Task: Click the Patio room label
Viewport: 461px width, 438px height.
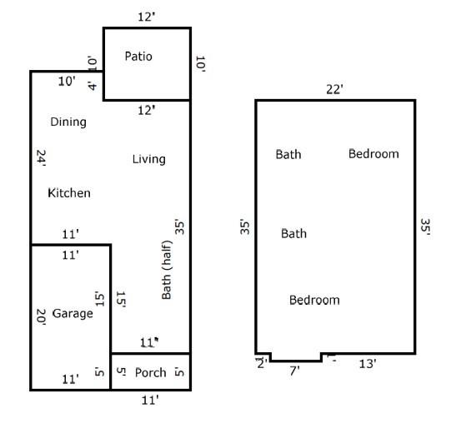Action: (138, 56)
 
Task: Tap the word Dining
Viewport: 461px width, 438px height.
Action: (68, 122)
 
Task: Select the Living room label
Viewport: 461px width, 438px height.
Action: (148, 159)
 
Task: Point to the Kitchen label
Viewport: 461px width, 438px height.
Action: (69, 193)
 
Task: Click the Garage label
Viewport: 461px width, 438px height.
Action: (73, 313)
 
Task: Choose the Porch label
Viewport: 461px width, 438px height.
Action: (151, 373)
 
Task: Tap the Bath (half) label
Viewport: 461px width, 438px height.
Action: (167, 270)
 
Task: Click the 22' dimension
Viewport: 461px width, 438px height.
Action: (334, 89)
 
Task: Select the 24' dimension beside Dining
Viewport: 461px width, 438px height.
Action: (41, 158)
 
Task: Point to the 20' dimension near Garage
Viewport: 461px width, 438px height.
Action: (41, 317)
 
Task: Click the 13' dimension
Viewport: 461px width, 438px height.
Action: (368, 364)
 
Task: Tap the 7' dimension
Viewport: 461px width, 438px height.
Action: (294, 371)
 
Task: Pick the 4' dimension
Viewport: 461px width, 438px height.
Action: (93, 86)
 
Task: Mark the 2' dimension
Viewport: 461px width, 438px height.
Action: (263, 364)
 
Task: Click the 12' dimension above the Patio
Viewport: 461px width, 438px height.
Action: (147, 17)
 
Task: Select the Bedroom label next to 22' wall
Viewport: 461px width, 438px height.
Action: (373, 154)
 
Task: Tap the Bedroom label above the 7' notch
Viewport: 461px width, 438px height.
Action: (314, 301)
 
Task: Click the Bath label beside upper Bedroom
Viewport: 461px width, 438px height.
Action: (288, 155)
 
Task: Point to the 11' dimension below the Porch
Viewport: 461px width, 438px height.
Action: (150, 400)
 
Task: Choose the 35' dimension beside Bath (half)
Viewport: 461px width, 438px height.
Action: (179, 226)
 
